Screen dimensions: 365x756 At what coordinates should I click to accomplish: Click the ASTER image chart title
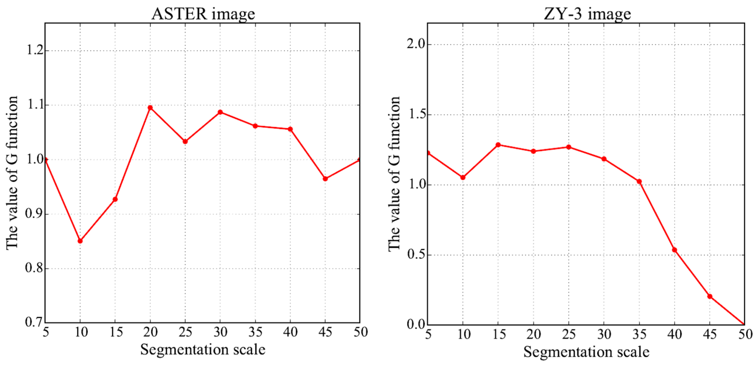(x=203, y=14)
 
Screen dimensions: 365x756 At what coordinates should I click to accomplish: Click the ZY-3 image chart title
(x=587, y=14)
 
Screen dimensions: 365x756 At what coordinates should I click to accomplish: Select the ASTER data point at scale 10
(x=80, y=241)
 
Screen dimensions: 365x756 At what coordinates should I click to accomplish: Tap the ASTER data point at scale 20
(x=150, y=108)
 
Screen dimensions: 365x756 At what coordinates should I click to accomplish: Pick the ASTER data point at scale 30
(x=220, y=112)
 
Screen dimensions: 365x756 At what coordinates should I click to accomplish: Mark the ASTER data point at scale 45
(x=325, y=179)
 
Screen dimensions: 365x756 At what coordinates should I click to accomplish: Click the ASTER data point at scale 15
(x=115, y=199)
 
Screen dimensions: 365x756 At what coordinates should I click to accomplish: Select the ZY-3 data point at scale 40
(x=674, y=250)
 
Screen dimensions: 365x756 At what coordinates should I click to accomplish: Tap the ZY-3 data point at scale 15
(x=498, y=145)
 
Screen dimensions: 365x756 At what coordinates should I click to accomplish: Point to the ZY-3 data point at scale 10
(x=463, y=177)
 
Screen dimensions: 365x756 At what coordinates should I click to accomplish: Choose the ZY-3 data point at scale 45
(x=710, y=296)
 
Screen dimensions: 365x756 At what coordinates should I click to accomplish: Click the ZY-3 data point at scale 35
(x=639, y=181)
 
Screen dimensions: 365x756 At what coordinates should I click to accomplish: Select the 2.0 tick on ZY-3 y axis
(x=416, y=44)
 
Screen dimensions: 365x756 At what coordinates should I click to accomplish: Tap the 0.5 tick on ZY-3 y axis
(x=416, y=254)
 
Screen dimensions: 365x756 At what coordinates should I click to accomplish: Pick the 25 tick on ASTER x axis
(x=185, y=332)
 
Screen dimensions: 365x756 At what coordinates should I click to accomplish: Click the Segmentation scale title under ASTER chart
(x=203, y=349)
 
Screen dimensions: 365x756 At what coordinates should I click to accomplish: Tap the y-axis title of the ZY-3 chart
(x=394, y=173)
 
